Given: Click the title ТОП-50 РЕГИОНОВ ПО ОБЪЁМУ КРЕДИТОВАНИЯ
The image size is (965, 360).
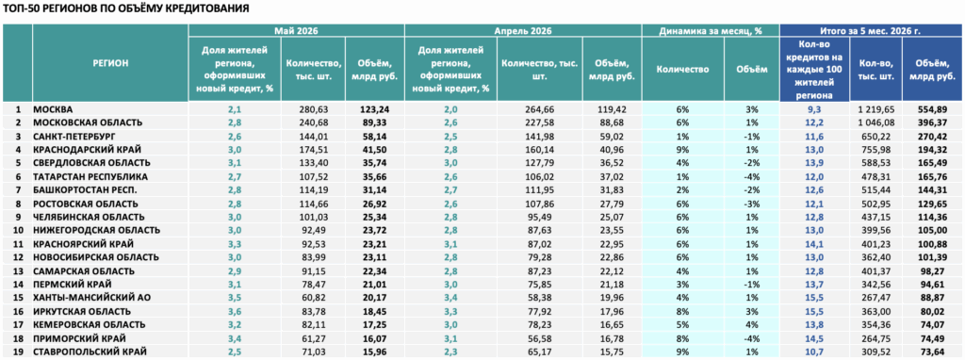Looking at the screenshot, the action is pyautogui.click(x=126, y=9).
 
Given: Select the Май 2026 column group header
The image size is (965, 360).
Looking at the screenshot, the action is pyautogui.click(x=297, y=31).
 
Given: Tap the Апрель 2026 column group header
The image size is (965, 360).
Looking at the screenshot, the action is pyautogui.click(x=523, y=31).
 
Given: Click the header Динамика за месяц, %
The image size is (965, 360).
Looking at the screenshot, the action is pyautogui.click(x=711, y=31).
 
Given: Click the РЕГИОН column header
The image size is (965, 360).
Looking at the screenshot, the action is pyautogui.click(x=111, y=62).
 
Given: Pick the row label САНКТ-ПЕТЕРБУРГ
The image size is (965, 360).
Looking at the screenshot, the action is pyautogui.click(x=74, y=136).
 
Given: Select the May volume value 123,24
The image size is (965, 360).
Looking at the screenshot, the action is pyautogui.click(x=375, y=109).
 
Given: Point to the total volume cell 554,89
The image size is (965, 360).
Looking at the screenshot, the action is pyautogui.click(x=933, y=109).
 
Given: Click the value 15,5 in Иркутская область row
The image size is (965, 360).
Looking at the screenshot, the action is pyautogui.click(x=814, y=311).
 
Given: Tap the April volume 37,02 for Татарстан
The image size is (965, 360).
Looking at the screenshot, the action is pyautogui.click(x=612, y=176).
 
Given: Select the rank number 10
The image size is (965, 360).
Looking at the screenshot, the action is pyautogui.click(x=18, y=231).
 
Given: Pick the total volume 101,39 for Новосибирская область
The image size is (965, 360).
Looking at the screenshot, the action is pyautogui.click(x=933, y=257).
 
